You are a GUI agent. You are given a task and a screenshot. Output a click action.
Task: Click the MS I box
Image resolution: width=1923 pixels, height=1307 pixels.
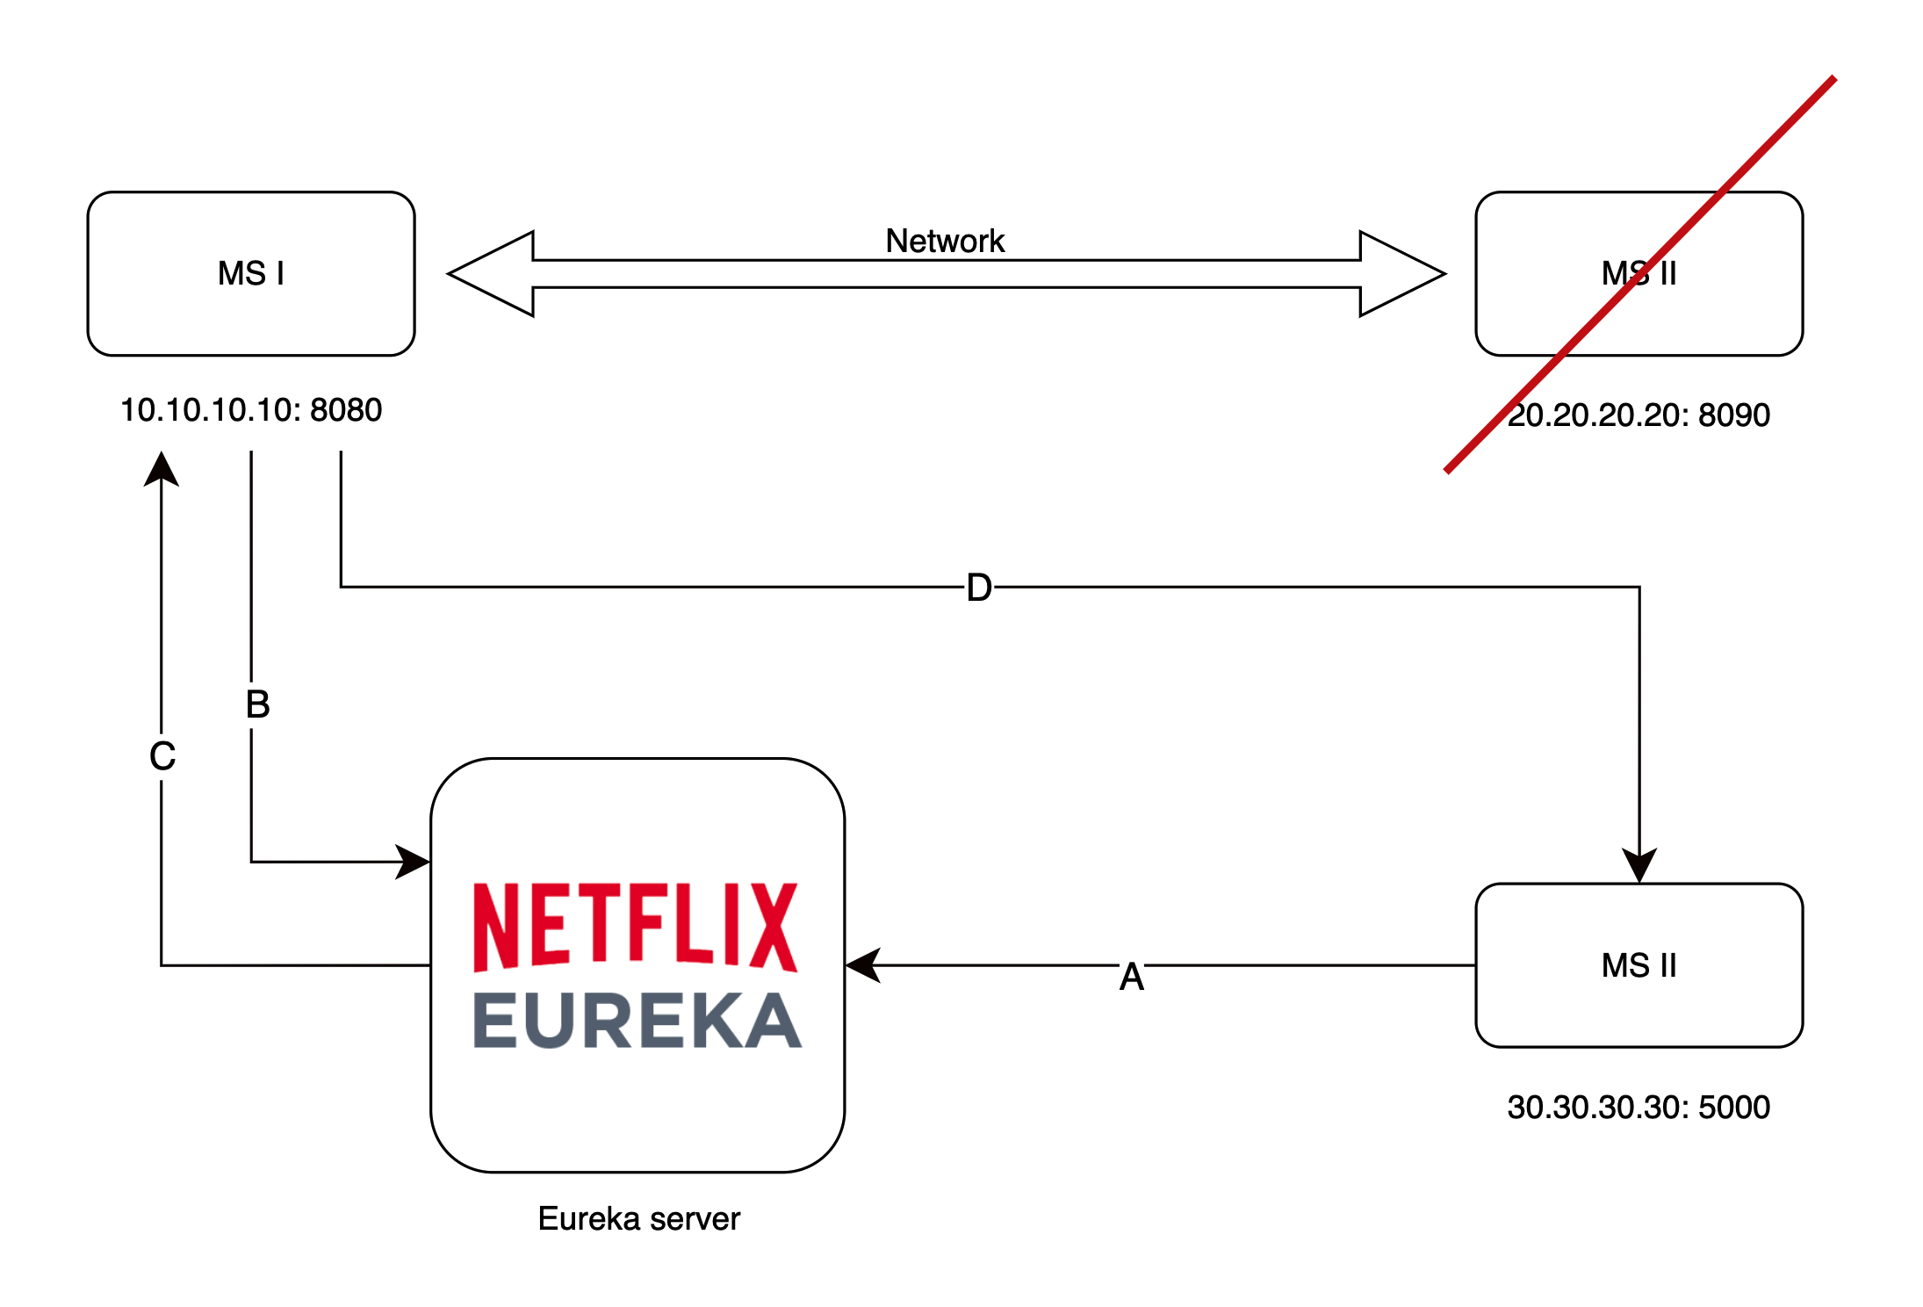tap(251, 274)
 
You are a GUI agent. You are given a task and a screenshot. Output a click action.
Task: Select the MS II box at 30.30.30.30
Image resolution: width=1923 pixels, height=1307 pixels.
tap(1639, 965)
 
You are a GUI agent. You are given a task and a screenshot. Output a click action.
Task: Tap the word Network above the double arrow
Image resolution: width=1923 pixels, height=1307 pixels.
tap(945, 241)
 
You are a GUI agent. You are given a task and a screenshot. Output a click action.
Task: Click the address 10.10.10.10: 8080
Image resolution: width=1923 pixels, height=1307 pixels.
tap(251, 410)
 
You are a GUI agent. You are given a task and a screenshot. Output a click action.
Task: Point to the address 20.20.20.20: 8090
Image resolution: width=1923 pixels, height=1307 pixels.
tap(1639, 415)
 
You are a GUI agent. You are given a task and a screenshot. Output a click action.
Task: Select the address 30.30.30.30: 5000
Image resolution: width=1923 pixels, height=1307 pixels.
tap(1639, 1107)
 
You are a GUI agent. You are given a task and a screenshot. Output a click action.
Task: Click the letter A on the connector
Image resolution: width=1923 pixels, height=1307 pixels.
tap(1132, 977)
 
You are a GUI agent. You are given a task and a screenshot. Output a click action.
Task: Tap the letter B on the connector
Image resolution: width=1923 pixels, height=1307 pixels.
tap(257, 704)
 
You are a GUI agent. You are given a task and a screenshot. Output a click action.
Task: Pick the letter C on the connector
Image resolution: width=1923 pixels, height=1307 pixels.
tap(162, 756)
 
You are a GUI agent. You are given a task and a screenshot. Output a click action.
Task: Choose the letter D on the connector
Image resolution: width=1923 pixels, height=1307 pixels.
tap(979, 588)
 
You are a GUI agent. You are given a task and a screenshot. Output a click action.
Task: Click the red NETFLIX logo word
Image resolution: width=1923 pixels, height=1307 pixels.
tap(636, 928)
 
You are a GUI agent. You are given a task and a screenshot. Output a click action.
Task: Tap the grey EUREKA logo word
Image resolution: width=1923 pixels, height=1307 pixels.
tap(637, 1021)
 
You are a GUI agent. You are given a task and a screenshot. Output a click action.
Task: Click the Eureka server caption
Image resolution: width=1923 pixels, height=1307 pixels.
tap(638, 1219)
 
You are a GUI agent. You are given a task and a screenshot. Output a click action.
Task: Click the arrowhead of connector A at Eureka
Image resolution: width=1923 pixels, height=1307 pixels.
tap(863, 965)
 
